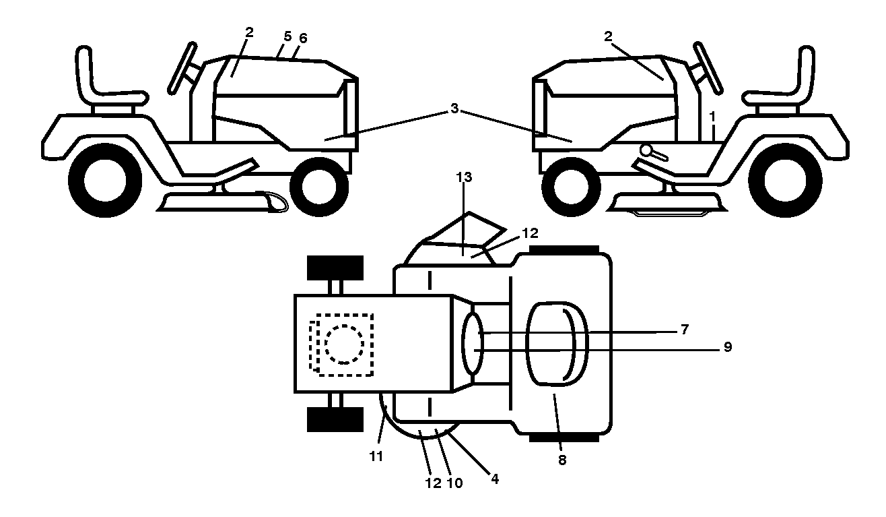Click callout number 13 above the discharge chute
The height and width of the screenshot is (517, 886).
point(464,177)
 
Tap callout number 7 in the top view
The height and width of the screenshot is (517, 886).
point(685,330)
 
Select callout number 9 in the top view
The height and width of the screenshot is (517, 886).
point(728,347)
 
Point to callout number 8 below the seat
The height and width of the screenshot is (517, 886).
point(562,460)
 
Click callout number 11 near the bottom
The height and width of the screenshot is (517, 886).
point(376,456)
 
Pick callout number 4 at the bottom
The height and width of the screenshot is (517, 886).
point(495,479)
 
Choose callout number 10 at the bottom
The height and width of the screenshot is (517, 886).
point(455,483)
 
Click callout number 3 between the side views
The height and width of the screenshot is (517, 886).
point(454,108)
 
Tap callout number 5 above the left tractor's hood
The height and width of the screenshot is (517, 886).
point(287,36)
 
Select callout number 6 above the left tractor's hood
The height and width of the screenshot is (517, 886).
point(303,38)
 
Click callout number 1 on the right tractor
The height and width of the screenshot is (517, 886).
point(712,117)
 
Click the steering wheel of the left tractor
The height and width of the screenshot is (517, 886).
point(182,67)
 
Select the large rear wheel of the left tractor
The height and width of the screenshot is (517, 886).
point(105,180)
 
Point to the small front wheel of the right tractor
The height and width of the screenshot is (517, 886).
point(571,187)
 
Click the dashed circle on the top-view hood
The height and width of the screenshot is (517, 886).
point(344,344)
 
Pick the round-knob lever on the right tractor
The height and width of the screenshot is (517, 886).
point(652,153)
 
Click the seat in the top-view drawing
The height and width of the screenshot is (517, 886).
point(557,344)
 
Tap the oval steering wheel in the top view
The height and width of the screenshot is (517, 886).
point(473,343)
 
